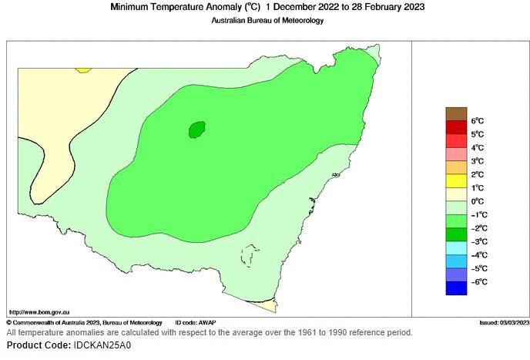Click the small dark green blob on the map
tap(197, 130)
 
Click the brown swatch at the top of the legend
tap(456, 113)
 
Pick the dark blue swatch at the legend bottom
tap(456, 288)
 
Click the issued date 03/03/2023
tap(513, 322)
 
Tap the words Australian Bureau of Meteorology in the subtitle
tap(267, 21)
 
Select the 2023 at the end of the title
tap(413, 7)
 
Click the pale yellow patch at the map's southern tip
tap(267, 307)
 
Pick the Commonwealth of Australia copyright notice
tap(85, 322)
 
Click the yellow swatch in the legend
tap(456, 180)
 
